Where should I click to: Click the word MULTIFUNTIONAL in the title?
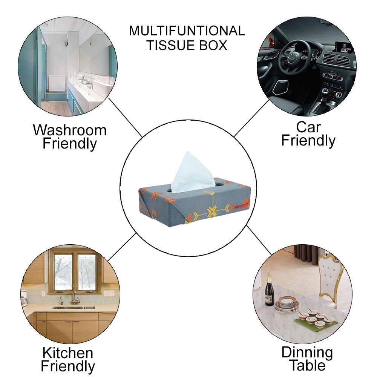[187, 31]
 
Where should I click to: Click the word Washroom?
[70, 130]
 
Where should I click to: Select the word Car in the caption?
[308, 127]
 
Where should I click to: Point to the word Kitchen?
[68, 353]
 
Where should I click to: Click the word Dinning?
[307, 353]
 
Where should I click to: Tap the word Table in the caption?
[308, 365]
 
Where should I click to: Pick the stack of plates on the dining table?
[287, 303]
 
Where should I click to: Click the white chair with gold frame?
[329, 277]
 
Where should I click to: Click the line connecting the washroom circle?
[126, 117]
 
